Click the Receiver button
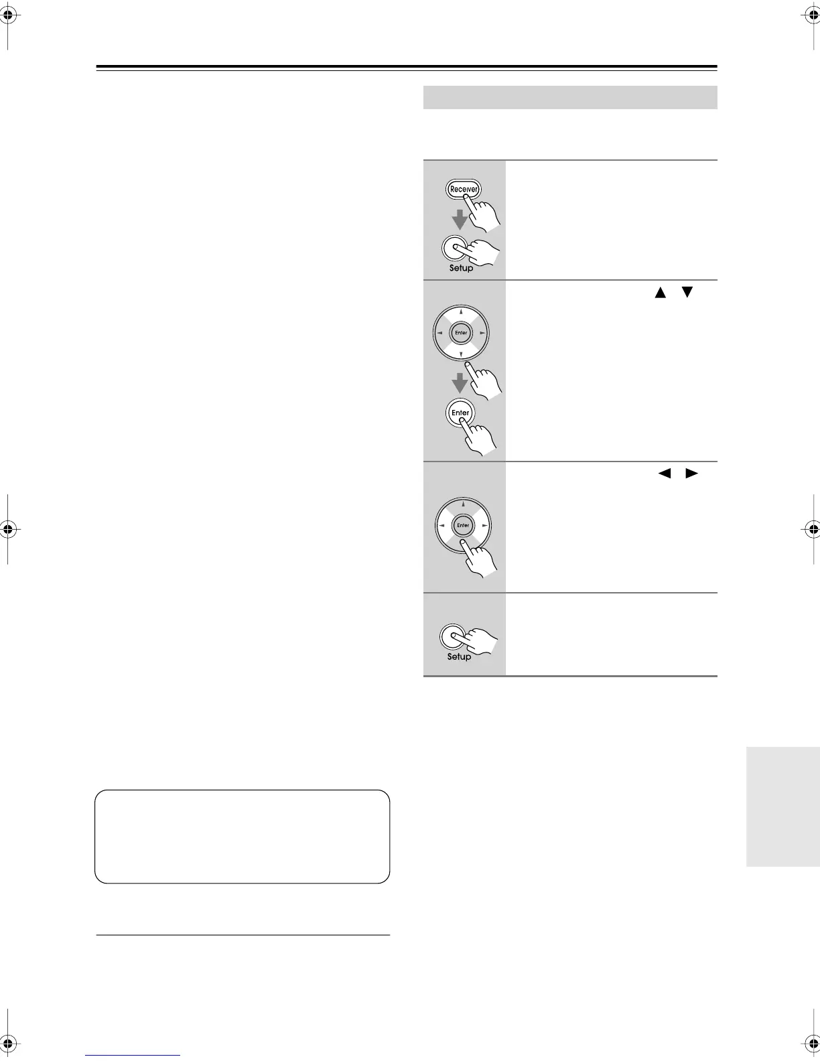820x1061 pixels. click(x=463, y=189)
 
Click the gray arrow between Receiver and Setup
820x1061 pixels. click(x=460, y=219)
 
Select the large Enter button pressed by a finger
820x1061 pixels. click(x=460, y=413)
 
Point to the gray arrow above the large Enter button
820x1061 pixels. click(x=460, y=383)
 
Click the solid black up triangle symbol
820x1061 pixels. click(x=661, y=292)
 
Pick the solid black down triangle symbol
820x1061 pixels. click(x=687, y=292)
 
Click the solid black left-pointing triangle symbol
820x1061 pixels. click(x=664, y=473)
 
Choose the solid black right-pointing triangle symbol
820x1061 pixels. click(x=691, y=473)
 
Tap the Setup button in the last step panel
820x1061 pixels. click(x=452, y=636)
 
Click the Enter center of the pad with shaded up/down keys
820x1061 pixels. click(x=461, y=333)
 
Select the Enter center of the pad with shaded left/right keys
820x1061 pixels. click(x=463, y=525)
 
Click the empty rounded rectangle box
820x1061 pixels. click(x=242, y=836)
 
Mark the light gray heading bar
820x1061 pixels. click(x=570, y=97)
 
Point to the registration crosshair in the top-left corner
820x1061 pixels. click(x=8, y=17)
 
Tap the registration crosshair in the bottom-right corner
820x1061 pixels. click(x=811, y=1044)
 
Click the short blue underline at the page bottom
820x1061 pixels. click(x=133, y=1055)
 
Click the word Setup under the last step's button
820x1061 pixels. click(x=459, y=657)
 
